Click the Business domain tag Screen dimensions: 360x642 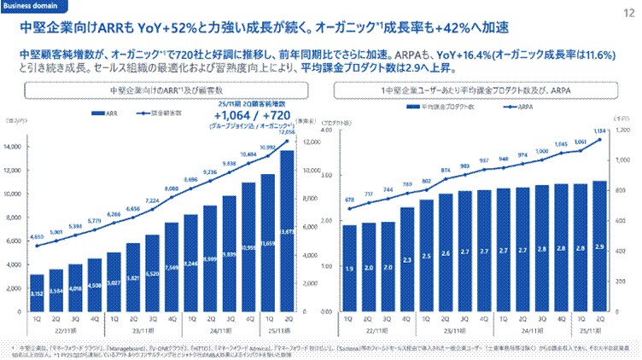coord(30,6)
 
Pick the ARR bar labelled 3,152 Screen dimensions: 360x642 coord(37,282)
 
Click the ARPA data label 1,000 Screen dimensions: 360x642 coord(541,151)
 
